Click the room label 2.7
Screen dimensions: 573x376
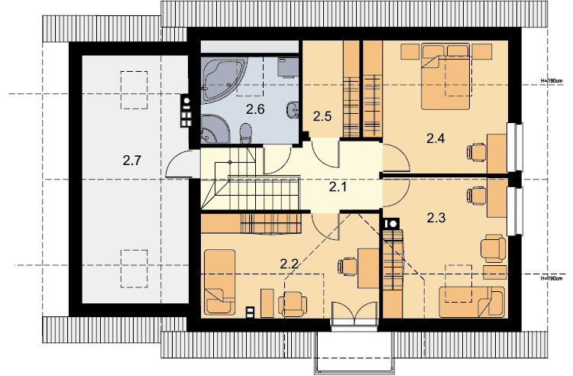click(132, 160)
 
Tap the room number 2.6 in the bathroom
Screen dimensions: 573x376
click(255, 109)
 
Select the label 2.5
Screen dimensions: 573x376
click(322, 116)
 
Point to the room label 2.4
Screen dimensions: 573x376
click(435, 138)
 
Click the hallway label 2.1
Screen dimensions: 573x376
click(338, 187)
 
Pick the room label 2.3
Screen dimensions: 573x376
click(436, 218)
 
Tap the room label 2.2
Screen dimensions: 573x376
click(289, 264)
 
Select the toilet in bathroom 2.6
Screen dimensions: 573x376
click(246, 134)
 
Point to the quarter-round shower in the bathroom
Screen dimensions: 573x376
click(215, 128)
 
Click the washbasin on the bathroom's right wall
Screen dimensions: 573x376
click(293, 109)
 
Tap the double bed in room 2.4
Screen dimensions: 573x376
click(445, 76)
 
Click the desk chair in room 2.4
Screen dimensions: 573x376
click(476, 152)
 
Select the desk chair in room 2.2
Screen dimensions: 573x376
click(347, 267)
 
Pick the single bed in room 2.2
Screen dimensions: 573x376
click(219, 282)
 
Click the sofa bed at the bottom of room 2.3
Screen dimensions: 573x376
click(472, 302)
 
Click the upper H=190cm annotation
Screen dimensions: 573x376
click(552, 80)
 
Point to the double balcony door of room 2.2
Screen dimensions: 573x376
click(354, 313)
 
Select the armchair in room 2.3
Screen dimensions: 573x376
click(493, 248)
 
